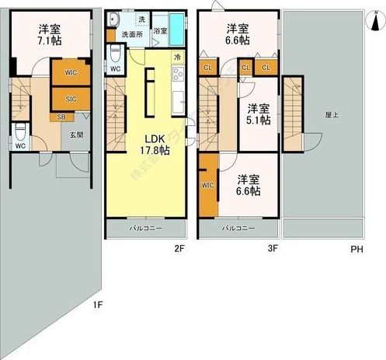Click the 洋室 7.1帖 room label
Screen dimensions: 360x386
click(51, 37)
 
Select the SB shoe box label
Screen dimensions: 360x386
click(61, 117)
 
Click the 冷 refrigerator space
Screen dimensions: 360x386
click(176, 57)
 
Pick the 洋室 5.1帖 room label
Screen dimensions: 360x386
click(258, 114)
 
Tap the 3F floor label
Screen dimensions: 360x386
click(271, 250)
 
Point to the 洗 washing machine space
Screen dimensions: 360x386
click(141, 18)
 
